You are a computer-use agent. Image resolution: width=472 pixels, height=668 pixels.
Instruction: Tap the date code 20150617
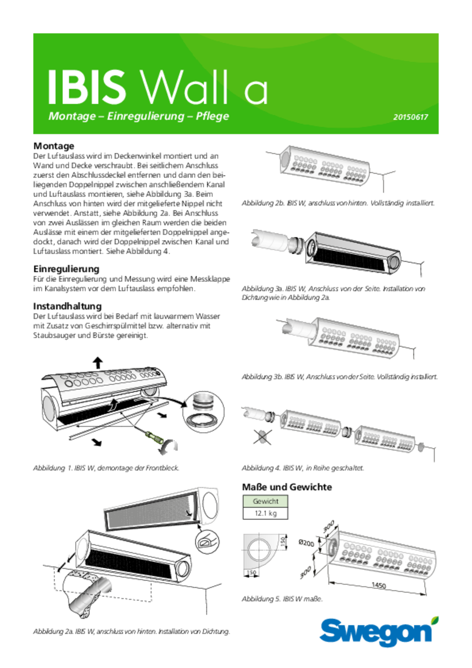pos(410,117)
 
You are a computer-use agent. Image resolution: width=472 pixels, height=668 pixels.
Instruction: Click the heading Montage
pos(54,146)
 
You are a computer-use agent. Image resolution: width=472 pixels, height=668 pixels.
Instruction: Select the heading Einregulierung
pos(66,269)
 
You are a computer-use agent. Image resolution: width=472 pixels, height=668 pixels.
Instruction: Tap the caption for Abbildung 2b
pos(338,203)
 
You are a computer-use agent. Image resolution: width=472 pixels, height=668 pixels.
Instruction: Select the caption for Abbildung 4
pos(303,468)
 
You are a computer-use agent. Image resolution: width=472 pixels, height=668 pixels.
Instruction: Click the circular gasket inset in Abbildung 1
pos(203,412)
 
